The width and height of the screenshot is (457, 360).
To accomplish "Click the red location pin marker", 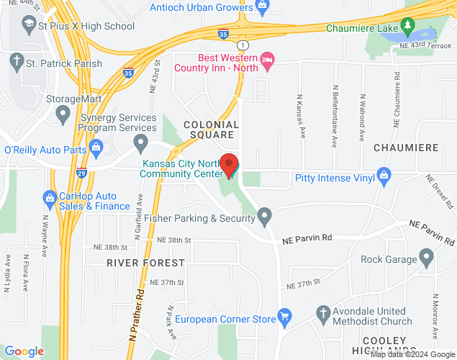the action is tap(229, 165).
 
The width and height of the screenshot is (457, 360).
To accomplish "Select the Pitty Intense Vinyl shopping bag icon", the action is tap(384, 174).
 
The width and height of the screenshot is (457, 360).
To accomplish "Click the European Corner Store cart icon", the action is tap(285, 315).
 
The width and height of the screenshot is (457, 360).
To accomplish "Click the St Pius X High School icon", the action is tap(29, 26).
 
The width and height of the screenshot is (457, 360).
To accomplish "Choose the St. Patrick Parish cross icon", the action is tap(16, 63).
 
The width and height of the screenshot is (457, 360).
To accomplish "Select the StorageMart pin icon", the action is tap(63, 112).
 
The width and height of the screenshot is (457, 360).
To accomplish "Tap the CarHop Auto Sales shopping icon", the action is tap(50, 196).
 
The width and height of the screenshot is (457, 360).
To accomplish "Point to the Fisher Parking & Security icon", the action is tap(266, 214).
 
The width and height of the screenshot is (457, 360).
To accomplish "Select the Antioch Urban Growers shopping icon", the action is tap(262, 8).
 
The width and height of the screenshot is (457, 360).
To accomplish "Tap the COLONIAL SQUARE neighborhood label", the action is tap(211, 130).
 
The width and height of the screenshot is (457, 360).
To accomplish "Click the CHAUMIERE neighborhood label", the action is tap(406, 147).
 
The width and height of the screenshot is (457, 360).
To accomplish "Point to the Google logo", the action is tap(24, 351).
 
